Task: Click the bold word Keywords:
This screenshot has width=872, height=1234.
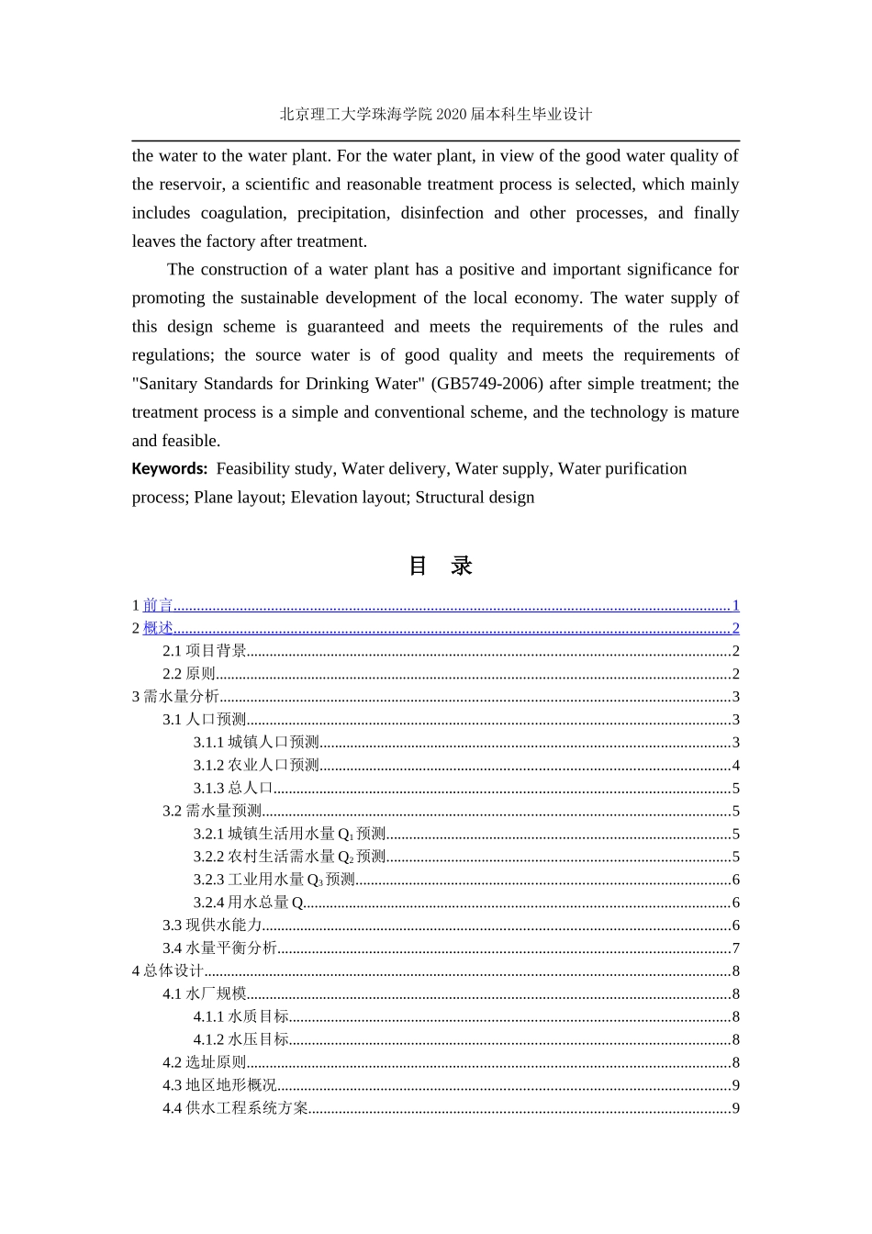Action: coord(169,469)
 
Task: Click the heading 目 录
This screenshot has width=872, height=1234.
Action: coord(440,566)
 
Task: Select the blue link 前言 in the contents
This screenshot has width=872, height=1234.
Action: coord(158,605)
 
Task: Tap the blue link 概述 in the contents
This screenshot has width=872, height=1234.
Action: coord(158,628)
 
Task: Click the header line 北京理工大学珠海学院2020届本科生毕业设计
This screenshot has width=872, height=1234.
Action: coord(436,115)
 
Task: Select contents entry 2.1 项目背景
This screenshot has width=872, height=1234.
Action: coord(205,651)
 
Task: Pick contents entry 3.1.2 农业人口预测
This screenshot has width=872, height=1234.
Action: coord(256,765)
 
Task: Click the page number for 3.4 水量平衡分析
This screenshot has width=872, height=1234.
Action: coord(735,948)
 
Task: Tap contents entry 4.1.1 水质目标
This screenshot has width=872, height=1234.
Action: coord(240,1016)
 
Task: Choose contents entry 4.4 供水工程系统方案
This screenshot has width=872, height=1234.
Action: coord(236,1108)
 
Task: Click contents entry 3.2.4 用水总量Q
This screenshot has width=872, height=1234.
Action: coord(248,903)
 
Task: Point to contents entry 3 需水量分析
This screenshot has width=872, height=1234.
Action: coord(175,697)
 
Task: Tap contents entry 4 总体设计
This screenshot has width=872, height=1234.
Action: coord(168,971)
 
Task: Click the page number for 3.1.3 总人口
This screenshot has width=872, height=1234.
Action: coord(735,789)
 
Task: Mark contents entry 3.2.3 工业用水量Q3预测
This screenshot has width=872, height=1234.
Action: coord(274,880)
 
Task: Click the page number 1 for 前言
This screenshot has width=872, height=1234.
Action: coord(735,605)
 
